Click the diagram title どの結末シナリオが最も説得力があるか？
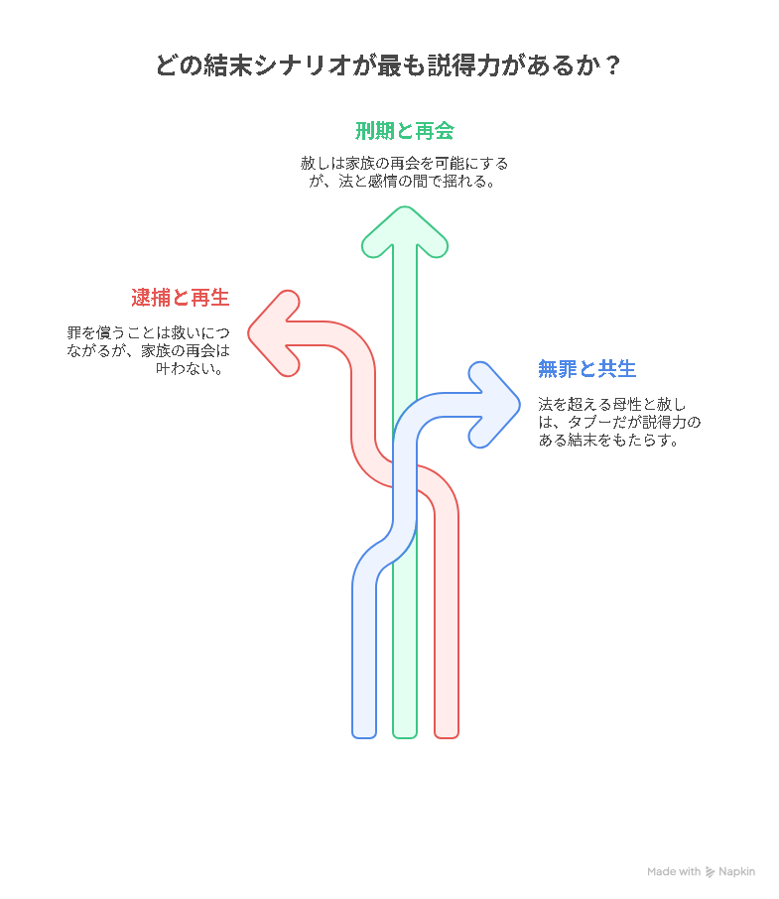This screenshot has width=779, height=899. pyautogui.click(x=388, y=64)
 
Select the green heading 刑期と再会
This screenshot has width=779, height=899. pyautogui.click(x=405, y=131)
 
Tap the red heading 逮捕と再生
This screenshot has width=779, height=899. pyautogui.click(x=180, y=298)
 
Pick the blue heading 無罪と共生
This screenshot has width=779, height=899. pyautogui.click(x=586, y=369)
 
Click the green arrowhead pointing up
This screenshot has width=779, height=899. pyautogui.click(x=405, y=231)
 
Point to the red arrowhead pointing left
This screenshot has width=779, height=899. pyautogui.click(x=274, y=333)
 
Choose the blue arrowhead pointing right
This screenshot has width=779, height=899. pyautogui.click(x=494, y=405)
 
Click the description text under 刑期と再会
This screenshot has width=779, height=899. pyautogui.click(x=404, y=172)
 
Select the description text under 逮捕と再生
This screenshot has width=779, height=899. pyautogui.click(x=149, y=350)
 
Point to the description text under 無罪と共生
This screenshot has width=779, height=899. pyautogui.click(x=619, y=422)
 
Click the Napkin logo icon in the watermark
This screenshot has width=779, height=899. pyautogui.click(x=710, y=872)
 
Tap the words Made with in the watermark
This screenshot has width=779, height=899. pyautogui.click(x=674, y=871)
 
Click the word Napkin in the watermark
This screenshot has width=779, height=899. pyautogui.click(x=736, y=872)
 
